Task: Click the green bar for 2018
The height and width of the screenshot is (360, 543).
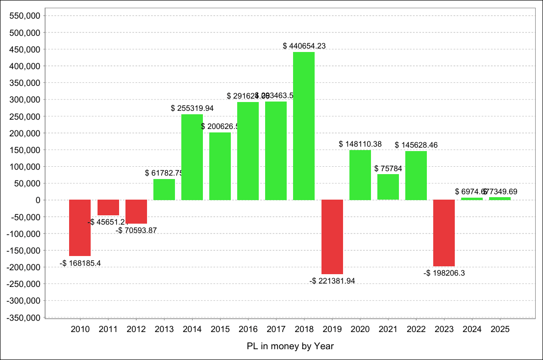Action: tap(304, 126)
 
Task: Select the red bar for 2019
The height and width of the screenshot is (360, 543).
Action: tap(332, 237)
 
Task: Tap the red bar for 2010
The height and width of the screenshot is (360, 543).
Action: tap(80, 228)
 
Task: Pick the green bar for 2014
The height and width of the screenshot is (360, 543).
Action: tap(192, 157)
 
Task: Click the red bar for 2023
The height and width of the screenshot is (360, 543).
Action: tap(444, 233)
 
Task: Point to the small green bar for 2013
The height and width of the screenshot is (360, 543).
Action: tap(164, 189)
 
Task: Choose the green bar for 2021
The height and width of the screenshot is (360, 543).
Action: tap(388, 187)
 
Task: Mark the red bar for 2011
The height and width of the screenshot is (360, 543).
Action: tap(108, 207)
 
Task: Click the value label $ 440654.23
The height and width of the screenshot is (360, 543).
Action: tap(304, 46)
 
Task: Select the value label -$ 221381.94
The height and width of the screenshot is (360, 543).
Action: tap(332, 281)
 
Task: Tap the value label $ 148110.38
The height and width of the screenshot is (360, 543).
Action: tap(360, 144)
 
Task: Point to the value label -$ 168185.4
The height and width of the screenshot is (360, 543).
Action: tap(80, 263)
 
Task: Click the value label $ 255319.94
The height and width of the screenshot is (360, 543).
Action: tap(192, 108)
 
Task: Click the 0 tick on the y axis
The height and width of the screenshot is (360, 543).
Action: tap(37, 200)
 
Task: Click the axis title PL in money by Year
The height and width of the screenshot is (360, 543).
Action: tap(290, 346)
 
